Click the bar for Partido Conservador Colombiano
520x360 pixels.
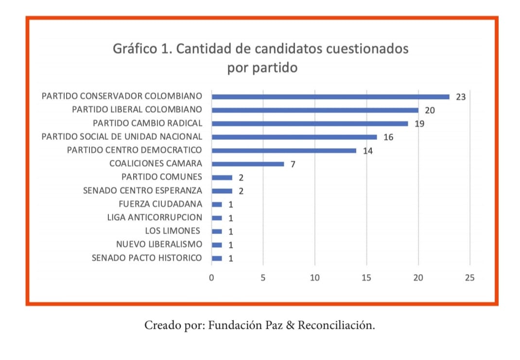click(x=330, y=97)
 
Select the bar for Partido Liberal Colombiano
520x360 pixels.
click(x=315, y=110)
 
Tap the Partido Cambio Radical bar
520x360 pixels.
click(x=310, y=123)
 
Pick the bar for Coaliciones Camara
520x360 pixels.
click(x=248, y=164)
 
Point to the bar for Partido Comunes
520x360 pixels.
click(x=222, y=177)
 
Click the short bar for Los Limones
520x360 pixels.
click(x=217, y=231)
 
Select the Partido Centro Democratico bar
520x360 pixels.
click(x=284, y=151)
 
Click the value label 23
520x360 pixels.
click(x=461, y=97)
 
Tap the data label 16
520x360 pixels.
click(x=388, y=137)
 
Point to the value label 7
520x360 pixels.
click(x=293, y=164)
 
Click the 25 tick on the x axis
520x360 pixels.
click(x=469, y=278)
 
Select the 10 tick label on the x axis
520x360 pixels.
click(x=315, y=278)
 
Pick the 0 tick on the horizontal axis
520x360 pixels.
click(x=212, y=278)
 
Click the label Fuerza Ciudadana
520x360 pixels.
click(x=160, y=204)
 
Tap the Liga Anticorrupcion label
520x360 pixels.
click(x=155, y=218)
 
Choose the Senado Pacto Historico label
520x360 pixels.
click(x=147, y=258)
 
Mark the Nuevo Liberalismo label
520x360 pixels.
click(x=159, y=244)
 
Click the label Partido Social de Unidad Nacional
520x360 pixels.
click(x=122, y=137)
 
